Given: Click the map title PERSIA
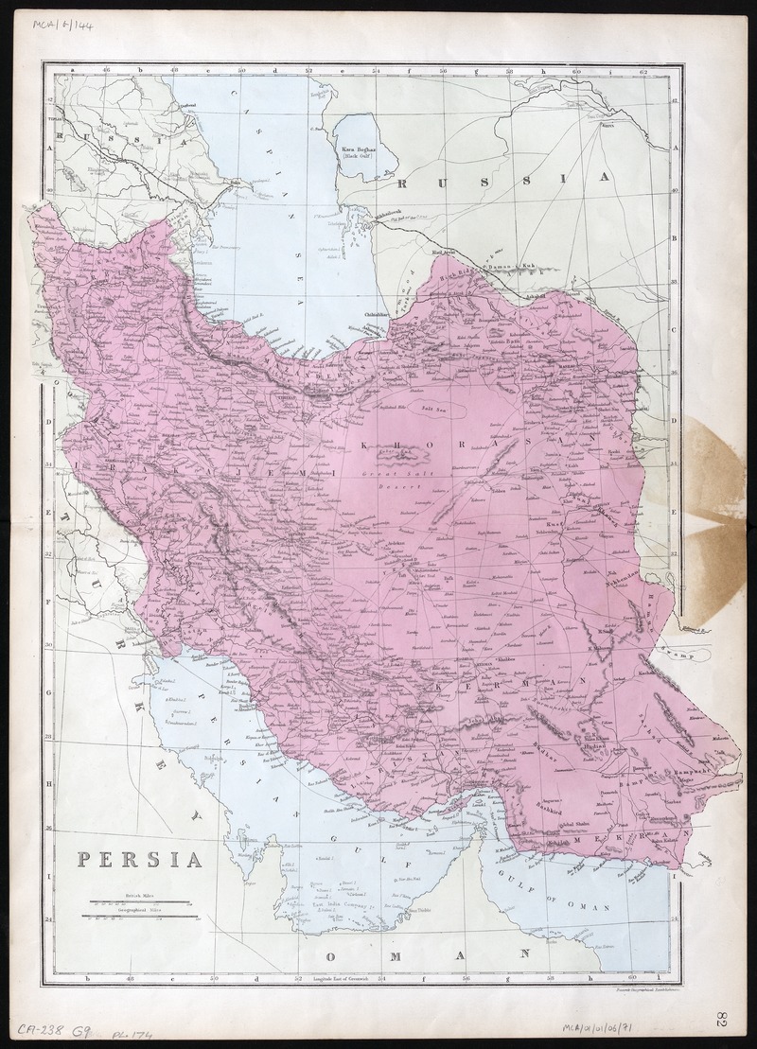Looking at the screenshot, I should point(140,860).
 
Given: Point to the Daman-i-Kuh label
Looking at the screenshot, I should point(516,268).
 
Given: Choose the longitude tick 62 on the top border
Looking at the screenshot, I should point(643,70).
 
